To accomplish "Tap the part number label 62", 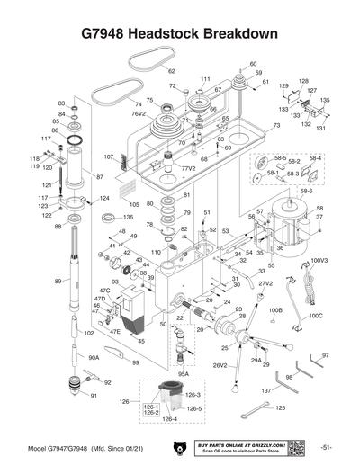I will click(x=171, y=70).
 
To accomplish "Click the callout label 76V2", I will click(x=139, y=114).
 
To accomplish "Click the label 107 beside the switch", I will click(x=109, y=156).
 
